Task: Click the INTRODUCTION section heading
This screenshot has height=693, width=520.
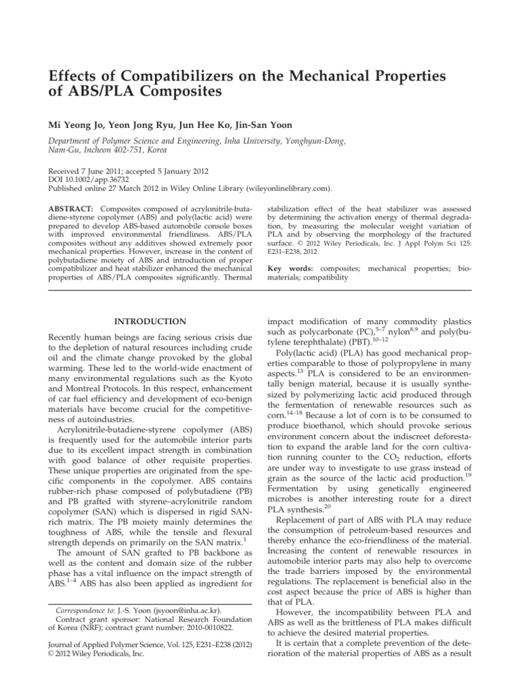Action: [150, 321]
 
